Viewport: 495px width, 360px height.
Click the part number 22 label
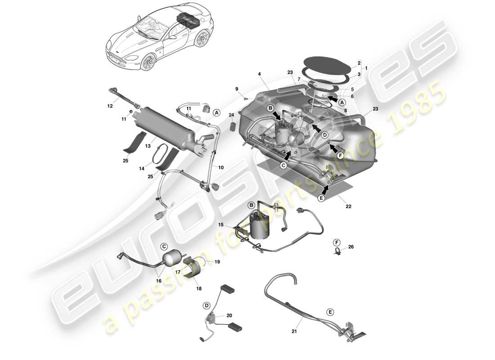[x=348, y=207]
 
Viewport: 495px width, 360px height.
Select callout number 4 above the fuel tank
[x=260, y=74]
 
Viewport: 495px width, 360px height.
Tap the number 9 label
[x=237, y=89]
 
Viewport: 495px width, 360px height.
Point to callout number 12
[x=110, y=106]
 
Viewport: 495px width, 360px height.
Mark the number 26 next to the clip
[x=351, y=247]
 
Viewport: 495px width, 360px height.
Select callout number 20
[x=229, y=315]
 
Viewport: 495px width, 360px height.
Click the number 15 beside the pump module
[x=220, y=225]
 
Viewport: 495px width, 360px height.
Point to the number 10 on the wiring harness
[x=220, y=167]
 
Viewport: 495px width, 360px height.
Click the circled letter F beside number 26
[x=337, y=243]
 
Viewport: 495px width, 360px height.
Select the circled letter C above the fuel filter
[x=164, y=246]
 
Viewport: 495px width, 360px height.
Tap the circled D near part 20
[x=206, y=306]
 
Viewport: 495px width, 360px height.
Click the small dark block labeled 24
[x=233, y=126]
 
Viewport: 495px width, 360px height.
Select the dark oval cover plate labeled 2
[x=325, y=62]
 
